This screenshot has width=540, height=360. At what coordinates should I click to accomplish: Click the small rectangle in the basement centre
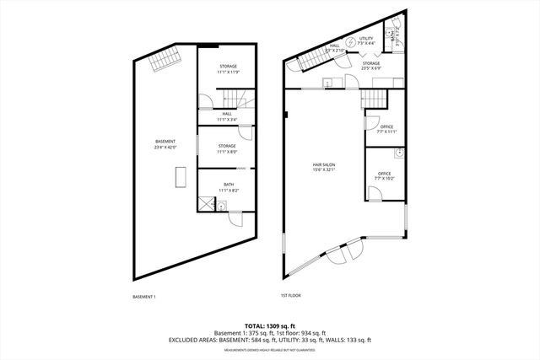[x=180, y=178]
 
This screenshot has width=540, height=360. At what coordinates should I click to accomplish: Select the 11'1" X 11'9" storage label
[x=228, y=69]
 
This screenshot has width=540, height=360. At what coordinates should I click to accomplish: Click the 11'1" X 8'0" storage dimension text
[x=228, y=153]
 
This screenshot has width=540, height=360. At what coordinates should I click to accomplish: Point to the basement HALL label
[x=228, y=116]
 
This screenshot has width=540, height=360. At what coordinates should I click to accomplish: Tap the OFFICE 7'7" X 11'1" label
[x=386, y=130]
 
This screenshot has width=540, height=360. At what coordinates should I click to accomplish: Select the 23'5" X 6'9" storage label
[x=371, y=67]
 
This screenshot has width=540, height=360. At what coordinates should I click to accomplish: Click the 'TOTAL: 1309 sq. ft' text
[x=269, y=325]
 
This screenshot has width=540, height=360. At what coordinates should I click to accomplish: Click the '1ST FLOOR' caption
[x=290, y=295]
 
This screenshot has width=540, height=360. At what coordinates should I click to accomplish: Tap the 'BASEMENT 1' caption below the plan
[x=145, y=296]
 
